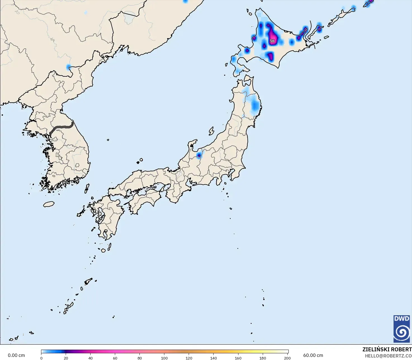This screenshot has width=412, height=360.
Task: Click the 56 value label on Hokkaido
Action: point(272,41)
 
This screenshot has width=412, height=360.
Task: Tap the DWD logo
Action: point(402,329)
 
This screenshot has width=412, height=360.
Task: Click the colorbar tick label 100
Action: point(164,358)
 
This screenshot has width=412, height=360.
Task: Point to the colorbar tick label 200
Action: point(287,358)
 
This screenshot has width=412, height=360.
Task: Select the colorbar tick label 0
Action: point(41,358)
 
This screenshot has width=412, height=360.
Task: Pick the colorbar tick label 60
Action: point(115,358)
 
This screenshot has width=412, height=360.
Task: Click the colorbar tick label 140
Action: point(214,358)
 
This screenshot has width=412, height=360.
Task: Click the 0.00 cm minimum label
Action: point(16,355)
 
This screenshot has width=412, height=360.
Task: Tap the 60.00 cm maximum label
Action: point(313,355)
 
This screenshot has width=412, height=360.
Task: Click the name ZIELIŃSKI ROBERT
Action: point(387,349)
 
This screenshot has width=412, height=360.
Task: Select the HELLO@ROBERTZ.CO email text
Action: point(388,356)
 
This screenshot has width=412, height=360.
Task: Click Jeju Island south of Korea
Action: point(49,204)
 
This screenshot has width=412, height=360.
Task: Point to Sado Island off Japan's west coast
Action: point(211,131)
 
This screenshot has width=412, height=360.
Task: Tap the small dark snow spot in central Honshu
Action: point(199,155)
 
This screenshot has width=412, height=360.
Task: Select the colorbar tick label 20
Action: point(66,358)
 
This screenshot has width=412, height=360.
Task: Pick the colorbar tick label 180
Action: point(263,358)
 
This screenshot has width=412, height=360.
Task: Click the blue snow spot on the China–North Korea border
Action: point(68,67)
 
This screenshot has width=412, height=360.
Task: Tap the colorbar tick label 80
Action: point(140,358)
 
